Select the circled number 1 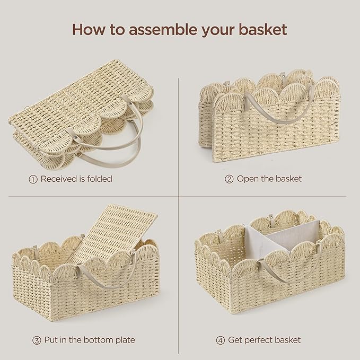pyautogui.click(x=33, y=179)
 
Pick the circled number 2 pyautogui.click(x=229, y=179)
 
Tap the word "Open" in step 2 pyautogui.click(x=248, y=179)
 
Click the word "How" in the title pyautogui.click(x=85, y=30)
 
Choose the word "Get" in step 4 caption pyautogui.click(x=235, y=340)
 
